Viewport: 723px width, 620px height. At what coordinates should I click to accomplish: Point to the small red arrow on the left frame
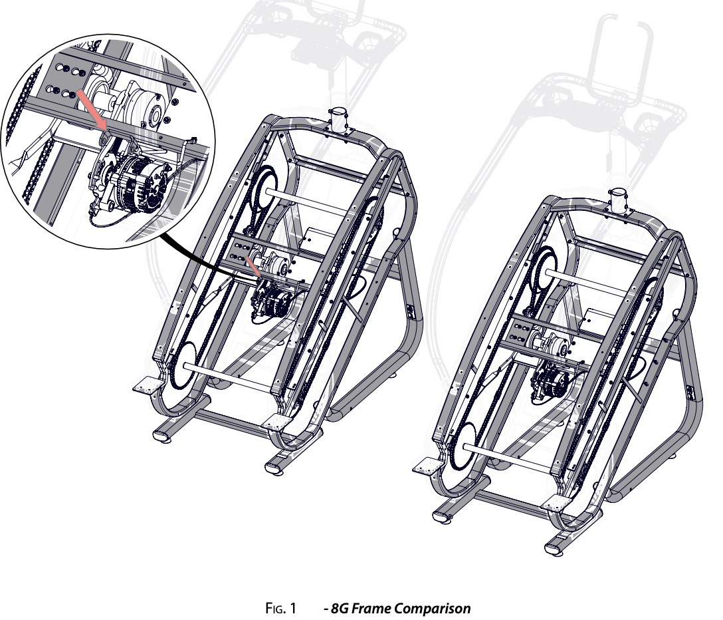[x=253, y=267]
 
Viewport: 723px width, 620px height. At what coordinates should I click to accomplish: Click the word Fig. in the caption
[x=275, y=608]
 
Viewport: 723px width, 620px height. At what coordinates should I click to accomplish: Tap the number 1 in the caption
[x=292, y=608]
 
